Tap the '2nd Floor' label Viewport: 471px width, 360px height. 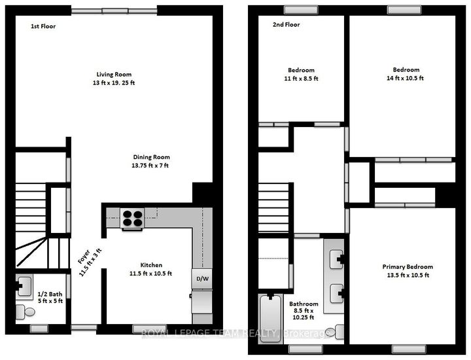285,26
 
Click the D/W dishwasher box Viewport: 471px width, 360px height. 202,279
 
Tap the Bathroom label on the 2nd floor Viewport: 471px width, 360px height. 304,304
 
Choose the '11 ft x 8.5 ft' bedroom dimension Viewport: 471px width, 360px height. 301,78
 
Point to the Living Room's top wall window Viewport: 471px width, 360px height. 114,10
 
